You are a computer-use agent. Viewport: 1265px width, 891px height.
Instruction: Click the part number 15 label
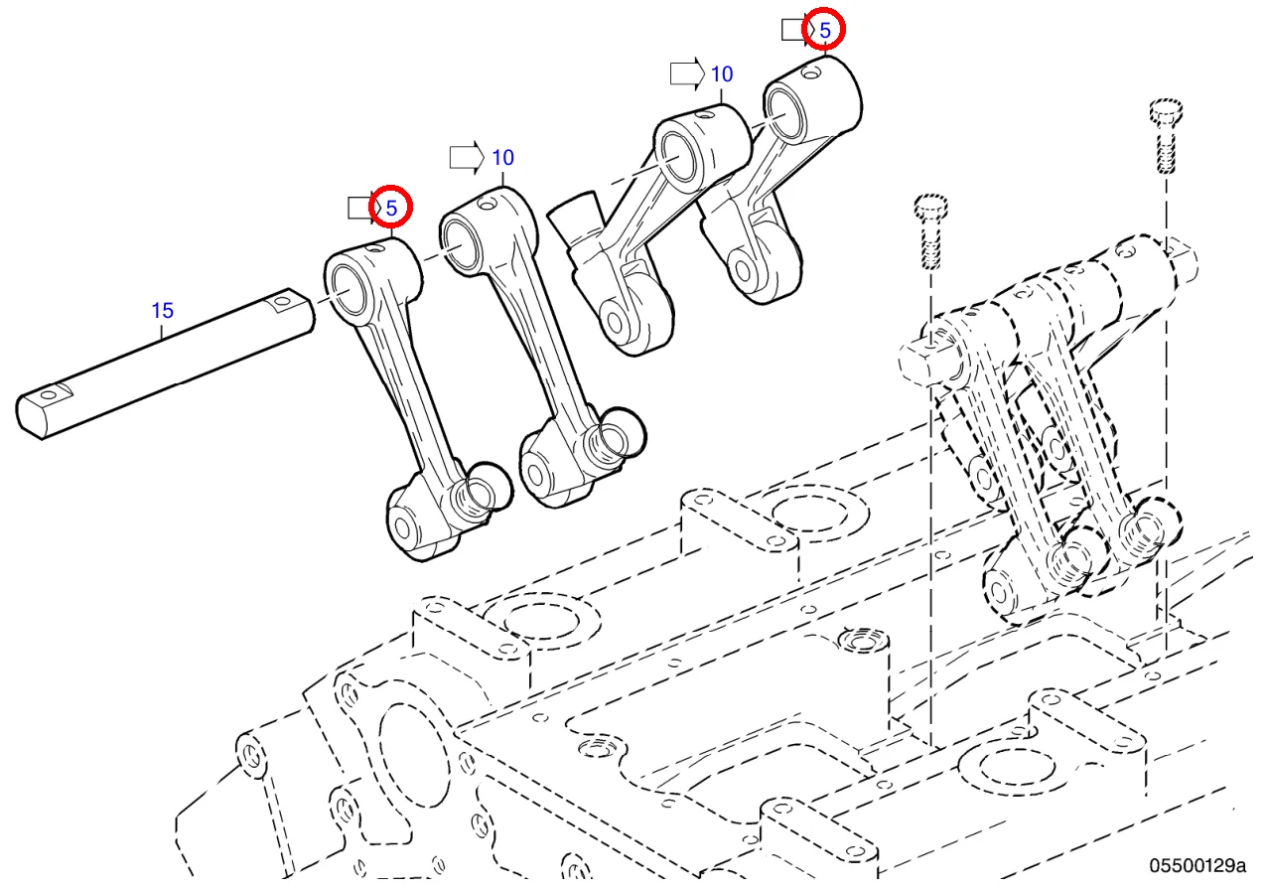tap(162, 310)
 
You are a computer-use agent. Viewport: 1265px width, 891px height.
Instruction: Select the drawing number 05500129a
tap(1196, 865)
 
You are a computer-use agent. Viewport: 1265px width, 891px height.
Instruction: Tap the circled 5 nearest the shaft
tap(391, 208)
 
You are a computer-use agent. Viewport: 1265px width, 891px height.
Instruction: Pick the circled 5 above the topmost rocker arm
tap(824, 30)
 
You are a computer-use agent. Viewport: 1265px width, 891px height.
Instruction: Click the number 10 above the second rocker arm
tap(502, 157)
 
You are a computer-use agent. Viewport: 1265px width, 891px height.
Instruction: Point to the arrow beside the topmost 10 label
tap(685, 74)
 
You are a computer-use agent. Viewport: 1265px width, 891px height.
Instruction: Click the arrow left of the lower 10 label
tap(465, 157)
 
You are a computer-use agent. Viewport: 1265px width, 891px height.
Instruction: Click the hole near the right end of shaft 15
tap(282, 299)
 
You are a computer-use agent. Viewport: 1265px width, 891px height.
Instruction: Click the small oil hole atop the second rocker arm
tap(487, 205)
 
